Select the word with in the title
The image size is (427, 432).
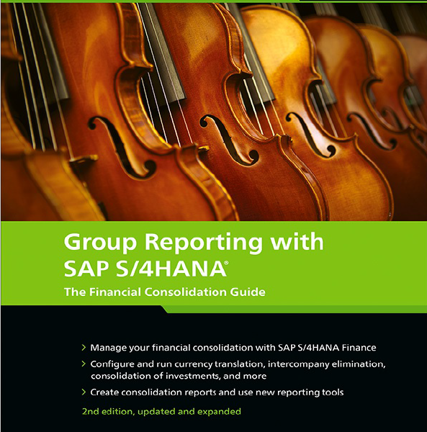point(297,241)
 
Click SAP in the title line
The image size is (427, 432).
point(86,269)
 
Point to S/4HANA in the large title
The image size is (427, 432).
point(171,269)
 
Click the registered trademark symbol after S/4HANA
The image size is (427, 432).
point(226,263)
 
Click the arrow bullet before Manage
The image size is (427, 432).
point(84,348)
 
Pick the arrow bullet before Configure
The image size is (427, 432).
point(84,364)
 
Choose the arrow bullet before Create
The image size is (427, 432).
point(84,392)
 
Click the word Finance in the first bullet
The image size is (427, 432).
point(359,348)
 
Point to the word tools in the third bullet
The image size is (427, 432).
point(333,392)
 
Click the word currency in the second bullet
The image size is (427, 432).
point(194,364)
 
